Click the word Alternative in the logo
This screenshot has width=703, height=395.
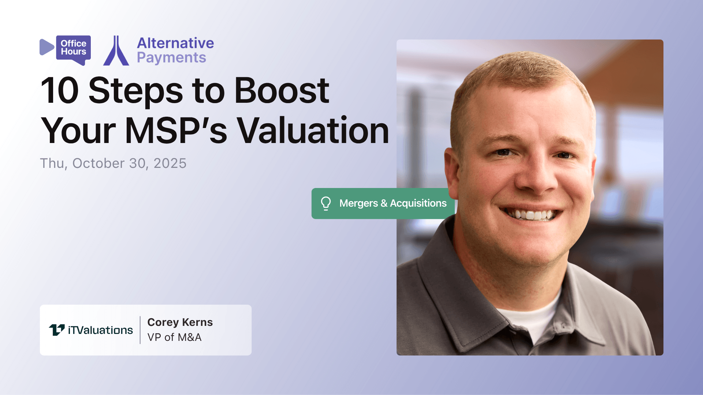coord(175,43)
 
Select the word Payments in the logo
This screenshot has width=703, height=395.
coord(171,58)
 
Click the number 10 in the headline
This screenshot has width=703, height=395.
coord(59,90)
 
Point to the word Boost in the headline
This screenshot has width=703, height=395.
coord(282,90)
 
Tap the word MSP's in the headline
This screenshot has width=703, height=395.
coord(176,131)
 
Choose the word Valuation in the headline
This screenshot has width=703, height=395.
coord(313,131)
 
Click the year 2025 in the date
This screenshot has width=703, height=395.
coord(170,163)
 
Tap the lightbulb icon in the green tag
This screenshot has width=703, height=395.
coord(326,203)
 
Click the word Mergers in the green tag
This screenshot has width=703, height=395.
coord(358,203)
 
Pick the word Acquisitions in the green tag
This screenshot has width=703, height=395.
coord(418,203)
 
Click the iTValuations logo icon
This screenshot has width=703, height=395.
coord(57,330)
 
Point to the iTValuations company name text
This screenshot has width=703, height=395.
coord(100,330)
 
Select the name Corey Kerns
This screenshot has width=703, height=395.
coord(180,322)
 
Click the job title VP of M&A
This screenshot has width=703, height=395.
coord(174,337)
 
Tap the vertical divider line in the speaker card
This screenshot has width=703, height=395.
coord(140,330)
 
